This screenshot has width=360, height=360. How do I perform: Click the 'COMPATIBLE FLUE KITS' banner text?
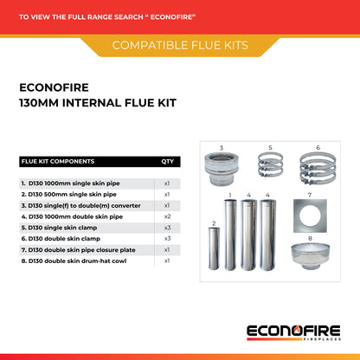tap(180, 44)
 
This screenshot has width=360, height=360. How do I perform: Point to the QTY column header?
tap(166, 161)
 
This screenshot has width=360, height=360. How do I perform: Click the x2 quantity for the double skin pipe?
tap(166, 216)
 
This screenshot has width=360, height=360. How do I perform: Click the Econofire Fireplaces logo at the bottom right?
tap(293, 331)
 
